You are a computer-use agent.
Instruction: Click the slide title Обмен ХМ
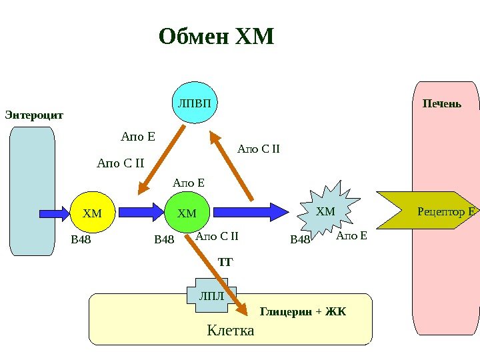217,36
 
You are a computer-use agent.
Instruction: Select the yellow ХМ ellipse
93,213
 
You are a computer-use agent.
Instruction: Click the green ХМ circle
187,213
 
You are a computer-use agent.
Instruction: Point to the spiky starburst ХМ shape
325,212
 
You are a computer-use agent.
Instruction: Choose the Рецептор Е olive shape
427,211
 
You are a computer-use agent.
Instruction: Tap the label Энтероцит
34,115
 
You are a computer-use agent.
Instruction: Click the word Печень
442,104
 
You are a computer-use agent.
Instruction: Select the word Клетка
231,330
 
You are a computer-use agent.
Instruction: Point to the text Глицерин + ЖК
303,311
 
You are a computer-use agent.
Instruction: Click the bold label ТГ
225,263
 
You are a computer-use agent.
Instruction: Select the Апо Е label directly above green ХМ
189,183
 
